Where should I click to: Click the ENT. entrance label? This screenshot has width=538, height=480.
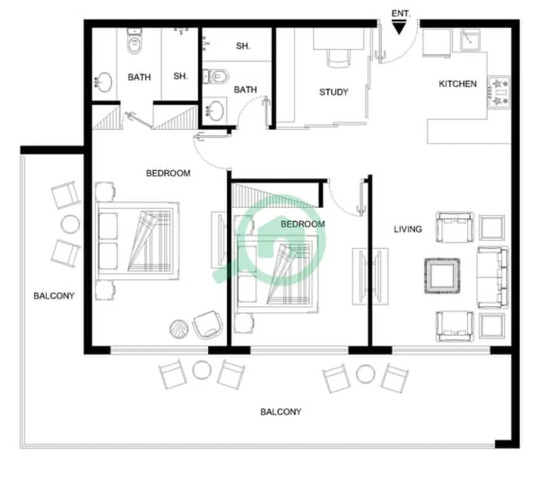tap(400, 14)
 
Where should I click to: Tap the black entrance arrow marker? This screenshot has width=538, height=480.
tap(399, 29)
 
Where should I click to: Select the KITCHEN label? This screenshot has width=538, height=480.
tap(458, 84)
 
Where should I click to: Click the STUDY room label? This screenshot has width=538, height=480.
tap(333, 92)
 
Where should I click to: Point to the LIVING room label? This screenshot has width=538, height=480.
tap(408, 229)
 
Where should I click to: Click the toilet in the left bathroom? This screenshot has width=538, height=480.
tap(134, 42)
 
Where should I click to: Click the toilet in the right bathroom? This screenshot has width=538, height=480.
tap(217, 77)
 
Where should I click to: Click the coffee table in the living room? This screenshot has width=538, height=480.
tap(441, 276)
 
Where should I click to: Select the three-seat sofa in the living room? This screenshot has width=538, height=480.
tap(493, 277)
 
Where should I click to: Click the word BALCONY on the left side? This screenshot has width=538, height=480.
tap(54, 296)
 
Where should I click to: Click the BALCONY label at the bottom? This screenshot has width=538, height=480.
tap(281, 411)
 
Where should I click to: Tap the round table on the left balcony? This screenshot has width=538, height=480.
tap(70, 224)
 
